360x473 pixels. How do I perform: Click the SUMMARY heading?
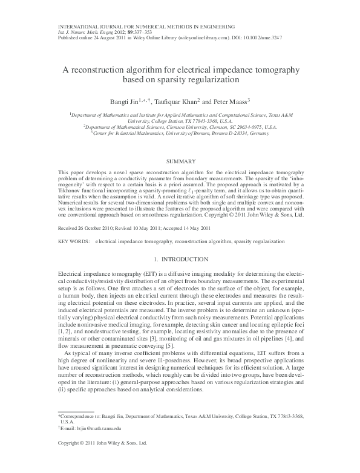click(x=180, y=161)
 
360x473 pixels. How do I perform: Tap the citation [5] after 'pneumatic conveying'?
click(x=160, y=347)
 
